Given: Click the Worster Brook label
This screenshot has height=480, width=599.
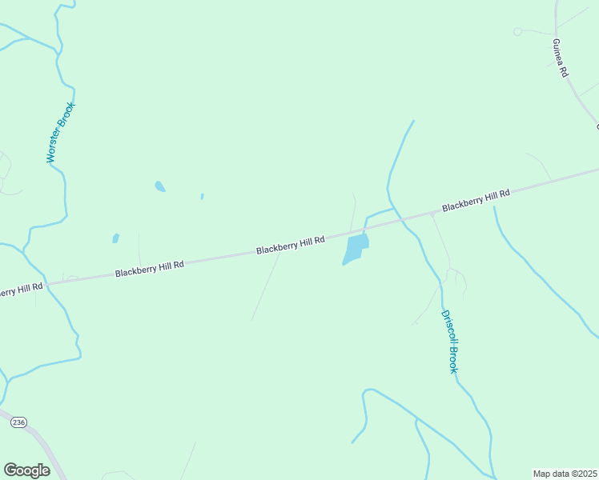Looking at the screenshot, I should (x=61, y=133).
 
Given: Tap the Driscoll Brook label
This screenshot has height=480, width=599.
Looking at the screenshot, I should (x=448, y=342).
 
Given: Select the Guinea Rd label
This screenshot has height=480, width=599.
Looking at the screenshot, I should (x=560, y=57).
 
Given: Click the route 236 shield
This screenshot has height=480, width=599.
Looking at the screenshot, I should (x=19, y=422).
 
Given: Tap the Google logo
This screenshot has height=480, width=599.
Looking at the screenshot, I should (x=26, y=470).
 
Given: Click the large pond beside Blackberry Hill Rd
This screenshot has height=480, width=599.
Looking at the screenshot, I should (x=356, y=249).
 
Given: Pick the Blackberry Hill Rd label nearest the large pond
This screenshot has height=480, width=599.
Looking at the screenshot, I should (x=290, y=245).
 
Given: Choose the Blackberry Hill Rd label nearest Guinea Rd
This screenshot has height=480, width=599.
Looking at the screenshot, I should (x=476, y=200).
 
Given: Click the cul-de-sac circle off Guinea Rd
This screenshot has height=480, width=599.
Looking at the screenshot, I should (x=517, y=31).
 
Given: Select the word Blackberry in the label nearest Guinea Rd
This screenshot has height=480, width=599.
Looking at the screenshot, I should (x=461, y=203).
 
